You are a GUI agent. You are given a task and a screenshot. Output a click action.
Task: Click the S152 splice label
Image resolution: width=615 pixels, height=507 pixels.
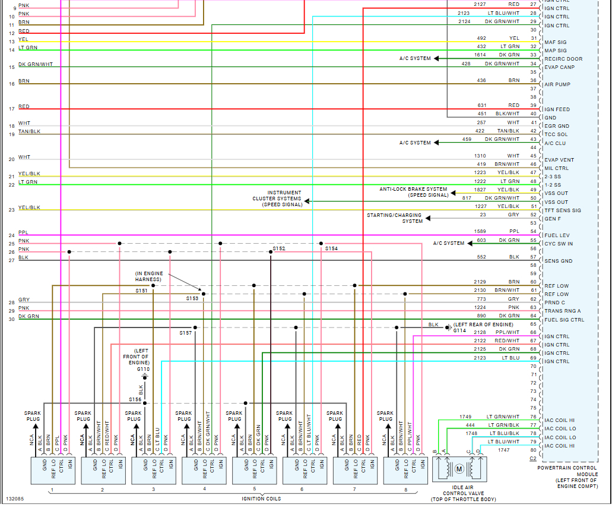click(x=279, y=248)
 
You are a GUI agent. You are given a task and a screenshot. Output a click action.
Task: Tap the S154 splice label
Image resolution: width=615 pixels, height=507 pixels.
click(x=331, y=248)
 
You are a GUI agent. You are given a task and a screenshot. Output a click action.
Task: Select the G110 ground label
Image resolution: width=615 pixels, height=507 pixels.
click(x=143, y=369)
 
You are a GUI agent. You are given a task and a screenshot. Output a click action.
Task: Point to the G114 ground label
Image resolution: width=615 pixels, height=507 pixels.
click(x=460, y=330)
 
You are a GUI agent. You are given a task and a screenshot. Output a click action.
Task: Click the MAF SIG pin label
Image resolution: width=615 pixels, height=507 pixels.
click(x=555, y=42)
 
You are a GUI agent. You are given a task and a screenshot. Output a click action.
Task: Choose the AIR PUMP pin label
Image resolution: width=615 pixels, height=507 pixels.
click(x=557, y=84)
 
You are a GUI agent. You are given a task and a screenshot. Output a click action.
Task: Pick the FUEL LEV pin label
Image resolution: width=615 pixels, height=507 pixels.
click(x=557, y=235)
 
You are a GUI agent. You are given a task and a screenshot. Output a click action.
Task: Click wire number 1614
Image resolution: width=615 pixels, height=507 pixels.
click(x=480, y=55)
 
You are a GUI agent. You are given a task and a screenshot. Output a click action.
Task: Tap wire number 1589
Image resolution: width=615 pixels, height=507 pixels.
click(x=480, y=231)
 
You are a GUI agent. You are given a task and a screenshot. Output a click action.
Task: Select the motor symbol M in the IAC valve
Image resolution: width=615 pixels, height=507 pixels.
click(x=459, y=469)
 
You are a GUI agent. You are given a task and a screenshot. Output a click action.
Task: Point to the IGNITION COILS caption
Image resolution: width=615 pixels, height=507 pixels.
click(x=261, y=499)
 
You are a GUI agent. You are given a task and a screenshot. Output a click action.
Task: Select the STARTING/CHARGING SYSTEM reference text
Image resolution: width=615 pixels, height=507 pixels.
click(x=395, y=218)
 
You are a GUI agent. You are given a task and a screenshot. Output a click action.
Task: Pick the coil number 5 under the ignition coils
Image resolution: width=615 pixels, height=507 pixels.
click(x=255, y=489)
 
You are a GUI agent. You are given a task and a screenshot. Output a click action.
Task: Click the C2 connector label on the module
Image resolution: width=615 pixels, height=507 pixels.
click(x=532, y=459)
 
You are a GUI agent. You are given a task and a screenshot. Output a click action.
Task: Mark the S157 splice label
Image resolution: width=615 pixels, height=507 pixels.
click(x=186, y=333)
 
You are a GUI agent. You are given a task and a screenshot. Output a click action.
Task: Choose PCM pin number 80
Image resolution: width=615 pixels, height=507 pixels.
click(x=534, y=450)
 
